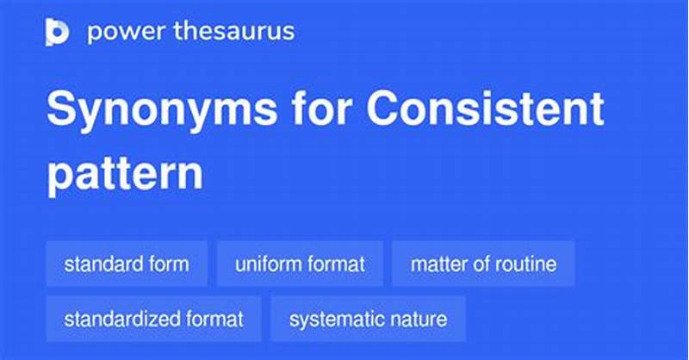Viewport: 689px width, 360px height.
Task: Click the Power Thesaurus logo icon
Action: (57, 33)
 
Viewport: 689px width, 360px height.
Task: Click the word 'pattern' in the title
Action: (125, 172)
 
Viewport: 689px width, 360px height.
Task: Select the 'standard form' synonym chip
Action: (127, 264)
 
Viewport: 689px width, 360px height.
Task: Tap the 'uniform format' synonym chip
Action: (299, 264)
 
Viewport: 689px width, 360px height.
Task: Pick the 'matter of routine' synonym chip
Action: (483, 264)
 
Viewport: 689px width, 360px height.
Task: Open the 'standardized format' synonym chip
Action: (154, 319)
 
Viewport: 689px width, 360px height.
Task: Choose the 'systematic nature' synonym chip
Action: (368, 319)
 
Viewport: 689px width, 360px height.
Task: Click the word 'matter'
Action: (436, 264)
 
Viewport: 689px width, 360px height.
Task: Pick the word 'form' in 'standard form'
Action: (170, 264)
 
